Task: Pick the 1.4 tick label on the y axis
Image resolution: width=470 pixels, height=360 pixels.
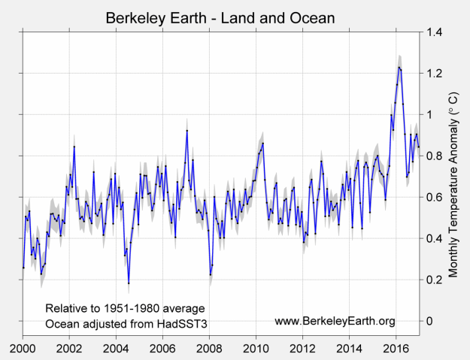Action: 435,32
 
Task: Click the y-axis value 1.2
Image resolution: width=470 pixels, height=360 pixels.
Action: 435,73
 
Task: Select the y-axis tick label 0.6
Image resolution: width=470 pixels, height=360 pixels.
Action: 435,197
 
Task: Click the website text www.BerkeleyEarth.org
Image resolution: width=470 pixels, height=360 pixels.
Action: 335,322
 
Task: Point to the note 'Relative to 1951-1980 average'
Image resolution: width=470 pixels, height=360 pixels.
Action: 125,309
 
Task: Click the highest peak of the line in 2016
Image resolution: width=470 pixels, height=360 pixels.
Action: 399,67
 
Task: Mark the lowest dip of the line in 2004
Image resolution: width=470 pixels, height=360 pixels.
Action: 129,283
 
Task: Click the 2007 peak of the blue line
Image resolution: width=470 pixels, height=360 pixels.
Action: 186,131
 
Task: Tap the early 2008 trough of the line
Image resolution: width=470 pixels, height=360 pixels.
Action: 211,274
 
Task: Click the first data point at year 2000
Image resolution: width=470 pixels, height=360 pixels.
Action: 23,268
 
